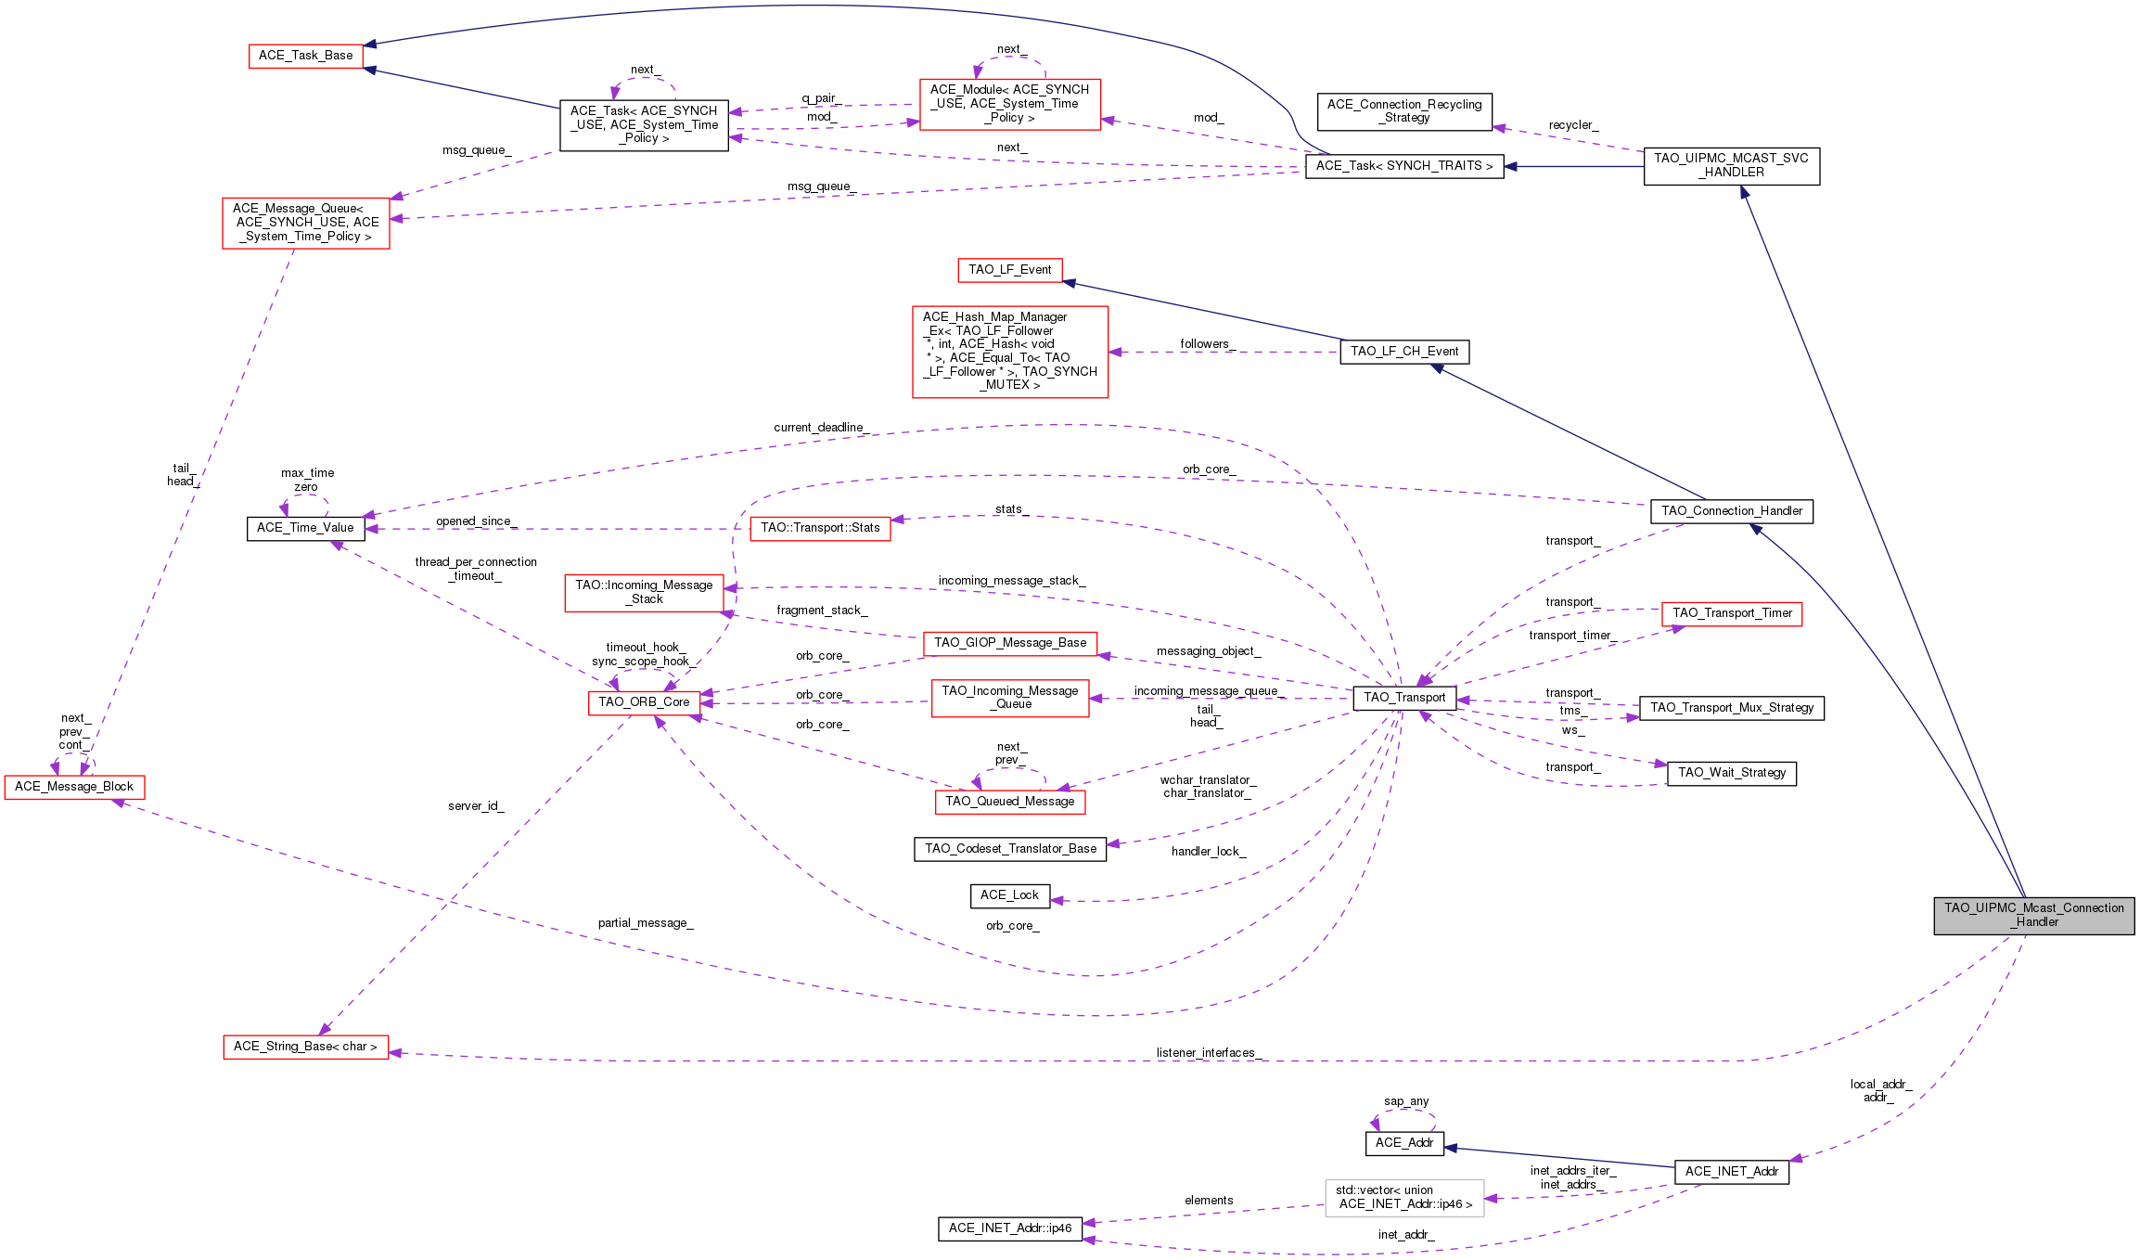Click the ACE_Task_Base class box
coord(306,56)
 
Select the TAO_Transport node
coord(1404,698)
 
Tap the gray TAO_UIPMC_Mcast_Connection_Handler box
coord(2034,915)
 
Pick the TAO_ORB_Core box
coord(644,702)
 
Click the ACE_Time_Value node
coord(305,528)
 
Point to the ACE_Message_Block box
coord(74,787)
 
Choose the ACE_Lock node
coord(1010,895)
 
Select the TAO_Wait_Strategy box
coord(1732,773)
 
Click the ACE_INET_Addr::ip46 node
coord(1010,1228)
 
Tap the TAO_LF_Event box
coord(1010,270)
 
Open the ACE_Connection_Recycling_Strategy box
coord(1405,111)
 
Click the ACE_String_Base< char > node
coord(306,1047)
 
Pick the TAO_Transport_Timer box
coord(1732,613)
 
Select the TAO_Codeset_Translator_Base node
coord(1010,849)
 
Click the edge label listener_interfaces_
coord(1209,1053)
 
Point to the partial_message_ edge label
coord(646,923)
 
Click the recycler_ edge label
coord(1573,125)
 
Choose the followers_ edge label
coord(1208,344)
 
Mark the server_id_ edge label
coord(476,806)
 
